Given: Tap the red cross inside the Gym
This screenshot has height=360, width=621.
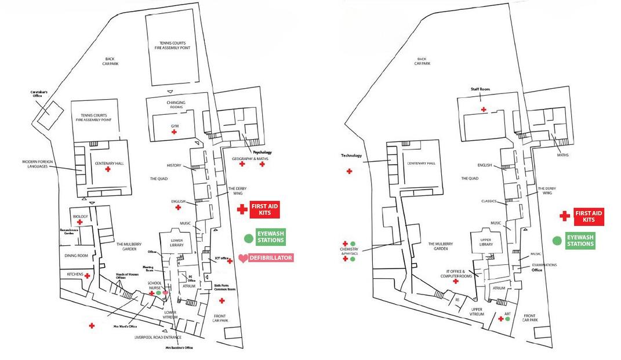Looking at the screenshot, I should coord(174,133).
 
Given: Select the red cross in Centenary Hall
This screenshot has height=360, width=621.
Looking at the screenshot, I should coord(108,169).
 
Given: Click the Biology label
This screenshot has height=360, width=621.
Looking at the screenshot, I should coord(80,216).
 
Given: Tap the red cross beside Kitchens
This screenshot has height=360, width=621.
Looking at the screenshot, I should coord(87,275).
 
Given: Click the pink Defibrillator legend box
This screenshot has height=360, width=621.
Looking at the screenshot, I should coord(271,257).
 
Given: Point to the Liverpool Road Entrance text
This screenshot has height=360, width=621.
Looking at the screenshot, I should coord(158,337).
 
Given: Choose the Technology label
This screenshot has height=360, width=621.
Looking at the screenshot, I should coord(351,155).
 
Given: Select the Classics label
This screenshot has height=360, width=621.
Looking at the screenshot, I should coord(490,201).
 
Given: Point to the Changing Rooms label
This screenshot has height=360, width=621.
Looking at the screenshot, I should coord(176,105).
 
